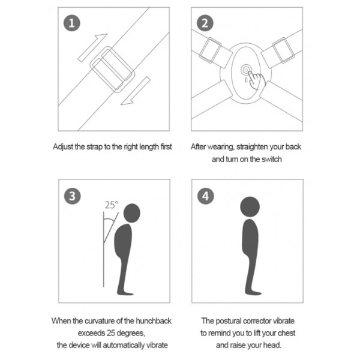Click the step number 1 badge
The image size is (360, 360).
point(72,23)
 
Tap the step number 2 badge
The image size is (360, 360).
point(205,23)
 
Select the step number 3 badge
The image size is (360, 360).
point(73,196)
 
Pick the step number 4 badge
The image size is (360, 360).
point(206,196)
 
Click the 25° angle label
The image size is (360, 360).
point(112,205)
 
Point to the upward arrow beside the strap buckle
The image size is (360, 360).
point(92,48)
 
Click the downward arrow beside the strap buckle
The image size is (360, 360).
point(136,91)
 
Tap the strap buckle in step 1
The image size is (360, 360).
point(112,70)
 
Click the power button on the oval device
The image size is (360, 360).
point(246,70)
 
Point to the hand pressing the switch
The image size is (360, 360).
point(256,80)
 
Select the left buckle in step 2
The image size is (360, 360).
point(210,50)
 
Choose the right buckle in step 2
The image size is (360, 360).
point(283,50)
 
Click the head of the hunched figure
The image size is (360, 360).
point(132,213)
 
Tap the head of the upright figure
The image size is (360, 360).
point(250,206)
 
